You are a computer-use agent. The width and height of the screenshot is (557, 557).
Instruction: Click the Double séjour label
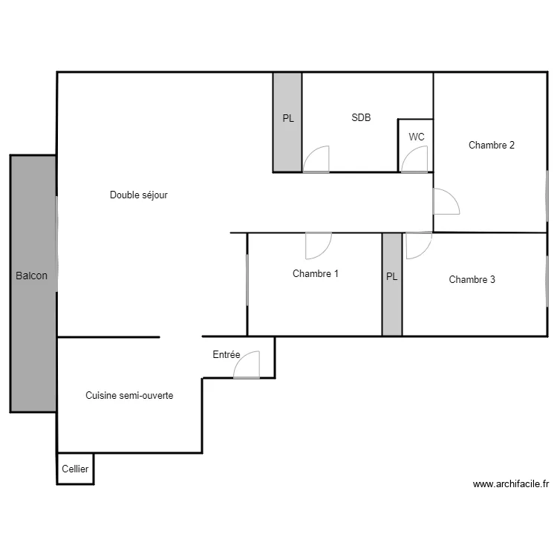(139, 195)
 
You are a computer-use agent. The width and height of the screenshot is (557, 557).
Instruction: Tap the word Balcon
(32, 276)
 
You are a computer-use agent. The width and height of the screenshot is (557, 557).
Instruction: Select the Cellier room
(75, 469)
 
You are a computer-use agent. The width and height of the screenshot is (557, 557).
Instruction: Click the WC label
(417, 137)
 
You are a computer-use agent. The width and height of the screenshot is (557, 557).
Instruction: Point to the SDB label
(361, 117)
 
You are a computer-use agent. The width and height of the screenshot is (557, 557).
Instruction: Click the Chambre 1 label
(316, 273)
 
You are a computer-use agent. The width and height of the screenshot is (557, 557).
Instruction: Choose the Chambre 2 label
(492, 145)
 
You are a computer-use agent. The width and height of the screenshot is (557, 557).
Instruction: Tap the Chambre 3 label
(472, 279)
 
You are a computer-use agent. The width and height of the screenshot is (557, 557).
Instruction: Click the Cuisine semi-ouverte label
(129, 395)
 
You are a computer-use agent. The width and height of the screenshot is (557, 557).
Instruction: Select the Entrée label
(227, 354)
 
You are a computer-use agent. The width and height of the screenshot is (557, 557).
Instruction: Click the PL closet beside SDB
(287, 123)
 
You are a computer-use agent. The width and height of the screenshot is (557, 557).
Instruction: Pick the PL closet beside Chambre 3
(392, 284)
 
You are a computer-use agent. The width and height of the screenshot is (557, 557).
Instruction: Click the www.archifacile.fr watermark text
(511, 483)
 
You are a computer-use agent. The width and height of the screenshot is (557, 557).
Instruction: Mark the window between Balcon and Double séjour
(57, 244)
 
